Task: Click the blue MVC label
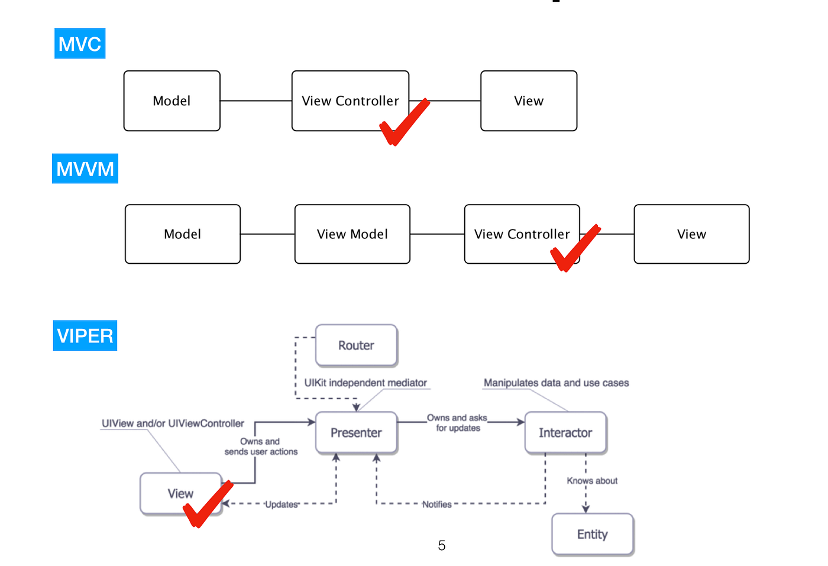tap(80, 44)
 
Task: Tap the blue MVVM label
tap(85, 169)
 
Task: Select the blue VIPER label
tap(85, 335)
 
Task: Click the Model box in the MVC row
tap(172, 101)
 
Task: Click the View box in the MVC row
tap(528, 101)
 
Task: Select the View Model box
tap(352, 234)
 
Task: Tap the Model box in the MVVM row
tap(182, 234)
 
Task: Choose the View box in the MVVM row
tap(691, 234)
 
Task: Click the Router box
tap(356, 345)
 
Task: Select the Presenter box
tap(356, 433)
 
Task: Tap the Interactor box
tap(565, 433)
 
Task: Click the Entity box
tap(592, 535)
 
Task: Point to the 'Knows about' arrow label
tap(592, 481)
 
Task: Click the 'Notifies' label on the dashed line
tap(436, 504)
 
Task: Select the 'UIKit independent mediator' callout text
tap(366, 383)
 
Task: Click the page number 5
tap(442, 545)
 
